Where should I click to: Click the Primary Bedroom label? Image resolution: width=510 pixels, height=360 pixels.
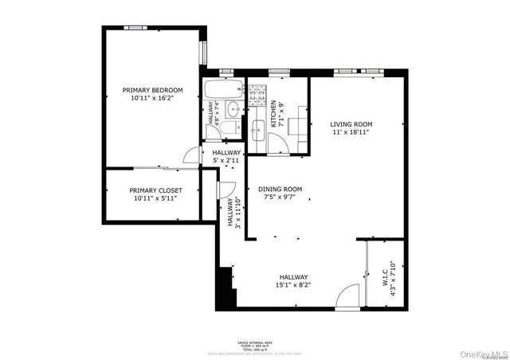pos(152,90)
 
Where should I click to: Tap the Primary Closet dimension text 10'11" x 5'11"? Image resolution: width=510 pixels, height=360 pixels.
pos(155,199)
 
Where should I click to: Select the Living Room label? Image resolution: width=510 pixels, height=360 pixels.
pos(351,124)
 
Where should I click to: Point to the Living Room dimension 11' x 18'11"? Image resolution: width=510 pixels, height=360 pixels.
pos(351,133)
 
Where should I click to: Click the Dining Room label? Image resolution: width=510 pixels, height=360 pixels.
pos(280,189)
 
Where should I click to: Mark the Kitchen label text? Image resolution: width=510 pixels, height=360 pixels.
pos(273,114)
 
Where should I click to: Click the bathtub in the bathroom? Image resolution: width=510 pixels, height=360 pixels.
pos(224,89)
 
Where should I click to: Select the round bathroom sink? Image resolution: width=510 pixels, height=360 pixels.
pos(233,109)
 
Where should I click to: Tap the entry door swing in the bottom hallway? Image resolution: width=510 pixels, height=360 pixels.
pos(347,299)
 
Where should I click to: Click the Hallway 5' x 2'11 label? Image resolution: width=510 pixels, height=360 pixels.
pos(226,152)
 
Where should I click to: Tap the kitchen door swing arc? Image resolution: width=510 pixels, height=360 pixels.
pos(278,143)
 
